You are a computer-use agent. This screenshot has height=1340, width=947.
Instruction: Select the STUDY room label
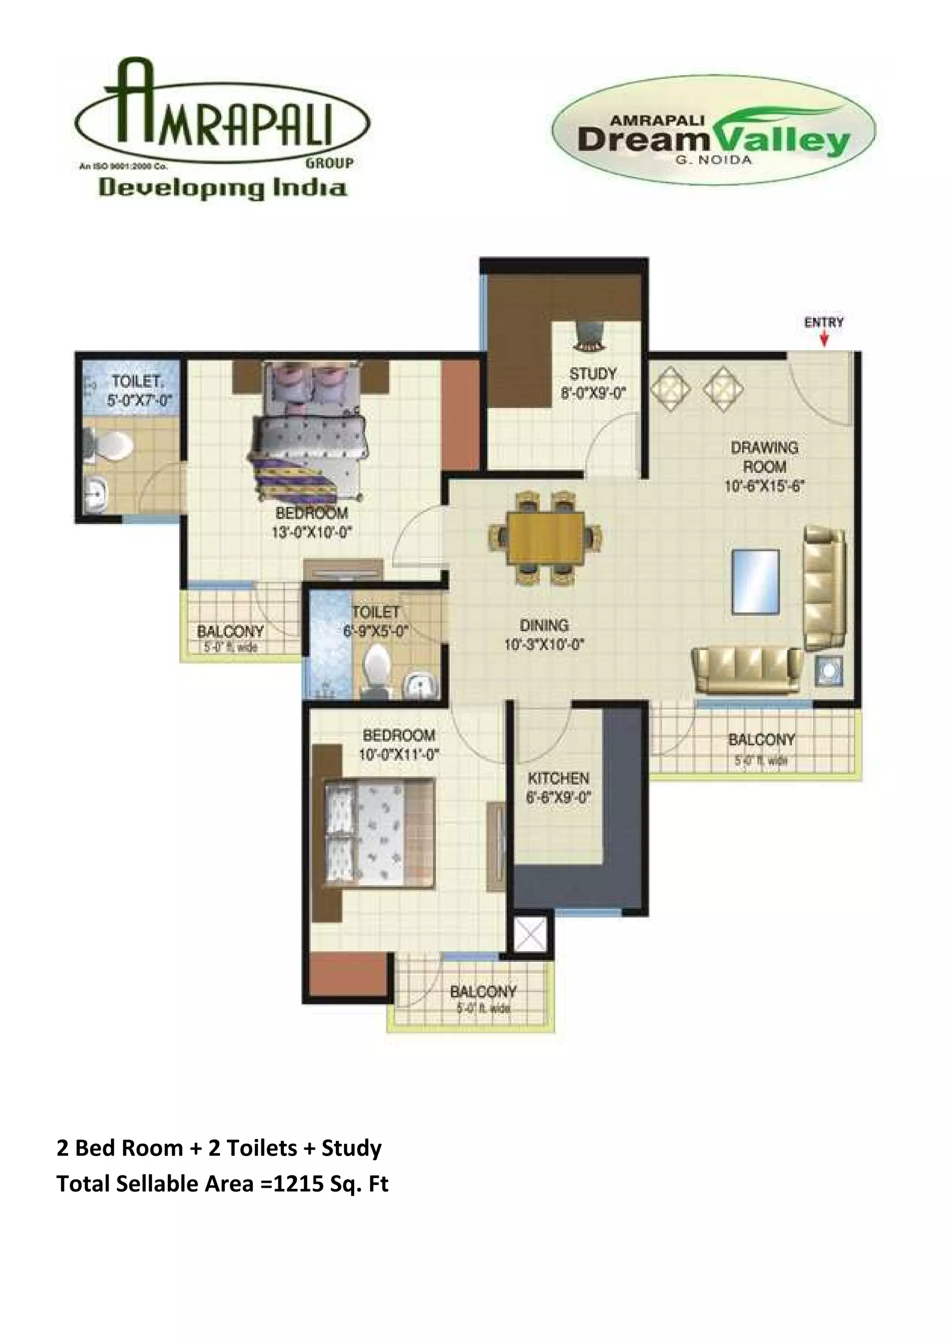(593, 374)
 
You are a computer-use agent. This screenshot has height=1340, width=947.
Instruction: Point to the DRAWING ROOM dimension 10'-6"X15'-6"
(764, 486)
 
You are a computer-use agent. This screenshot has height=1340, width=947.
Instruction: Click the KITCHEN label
(559, 779)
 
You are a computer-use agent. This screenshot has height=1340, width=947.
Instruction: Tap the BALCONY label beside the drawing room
(762, 740)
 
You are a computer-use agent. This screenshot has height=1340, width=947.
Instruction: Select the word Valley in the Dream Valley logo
(782, 141)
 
